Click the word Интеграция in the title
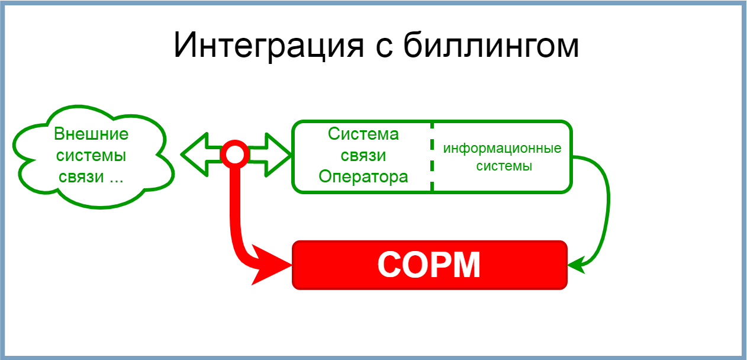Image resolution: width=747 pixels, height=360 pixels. click(269, 46)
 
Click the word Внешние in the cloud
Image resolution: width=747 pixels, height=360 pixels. click(91, 134)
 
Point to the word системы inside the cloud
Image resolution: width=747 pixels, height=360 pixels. click(91, 156)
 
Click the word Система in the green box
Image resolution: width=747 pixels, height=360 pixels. click(363, 134)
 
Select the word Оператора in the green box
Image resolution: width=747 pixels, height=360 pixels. click(363, 177)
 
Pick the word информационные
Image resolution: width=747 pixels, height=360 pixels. click(502, 149)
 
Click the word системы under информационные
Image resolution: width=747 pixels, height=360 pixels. click(504, 166)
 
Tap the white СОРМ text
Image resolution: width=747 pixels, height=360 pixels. click(429, 265)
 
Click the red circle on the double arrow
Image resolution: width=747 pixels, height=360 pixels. click(235, 154)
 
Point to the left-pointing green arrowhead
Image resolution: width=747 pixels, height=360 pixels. click(195, 155)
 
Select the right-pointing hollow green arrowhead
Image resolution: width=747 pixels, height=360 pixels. click(278, 155)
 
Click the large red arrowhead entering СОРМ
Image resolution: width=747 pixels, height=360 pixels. click(271, 265)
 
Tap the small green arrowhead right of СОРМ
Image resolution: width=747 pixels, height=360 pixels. click(577, 265)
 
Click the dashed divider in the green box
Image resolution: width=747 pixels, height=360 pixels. click(432, 157)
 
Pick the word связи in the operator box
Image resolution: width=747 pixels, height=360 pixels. click(363, 156)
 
